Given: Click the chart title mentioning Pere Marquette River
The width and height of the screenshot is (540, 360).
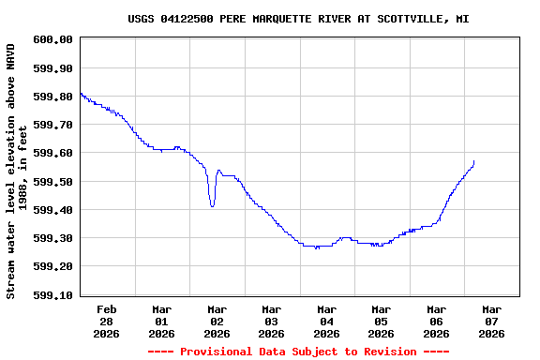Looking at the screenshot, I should coord(298,19).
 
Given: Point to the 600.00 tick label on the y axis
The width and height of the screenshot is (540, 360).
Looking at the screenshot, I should coord(52,39).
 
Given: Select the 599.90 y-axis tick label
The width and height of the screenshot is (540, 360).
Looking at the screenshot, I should coord(52,68).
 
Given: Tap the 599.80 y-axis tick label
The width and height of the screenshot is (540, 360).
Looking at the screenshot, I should coord(52,97).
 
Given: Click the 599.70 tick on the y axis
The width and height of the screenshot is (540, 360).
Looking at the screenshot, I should coord(52,125).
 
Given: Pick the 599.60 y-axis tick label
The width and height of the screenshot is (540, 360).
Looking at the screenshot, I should coord(52,153).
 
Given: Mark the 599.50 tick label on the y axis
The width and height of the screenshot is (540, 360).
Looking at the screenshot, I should coord(52,182).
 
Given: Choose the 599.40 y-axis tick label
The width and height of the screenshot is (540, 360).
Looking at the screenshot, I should coord(52,210).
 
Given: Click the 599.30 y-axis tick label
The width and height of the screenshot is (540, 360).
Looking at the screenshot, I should coord(52,238).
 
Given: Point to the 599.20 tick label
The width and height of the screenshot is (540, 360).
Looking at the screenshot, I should coord(52,267).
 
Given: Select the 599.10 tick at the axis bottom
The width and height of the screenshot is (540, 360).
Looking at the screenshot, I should coord(52,295).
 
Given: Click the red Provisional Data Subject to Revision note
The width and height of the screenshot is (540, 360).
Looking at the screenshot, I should coord(298,352).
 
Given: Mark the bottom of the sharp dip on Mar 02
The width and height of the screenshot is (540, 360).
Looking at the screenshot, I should coord(212,205).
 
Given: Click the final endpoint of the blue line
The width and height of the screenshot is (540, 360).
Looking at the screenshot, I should coord(474,161).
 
